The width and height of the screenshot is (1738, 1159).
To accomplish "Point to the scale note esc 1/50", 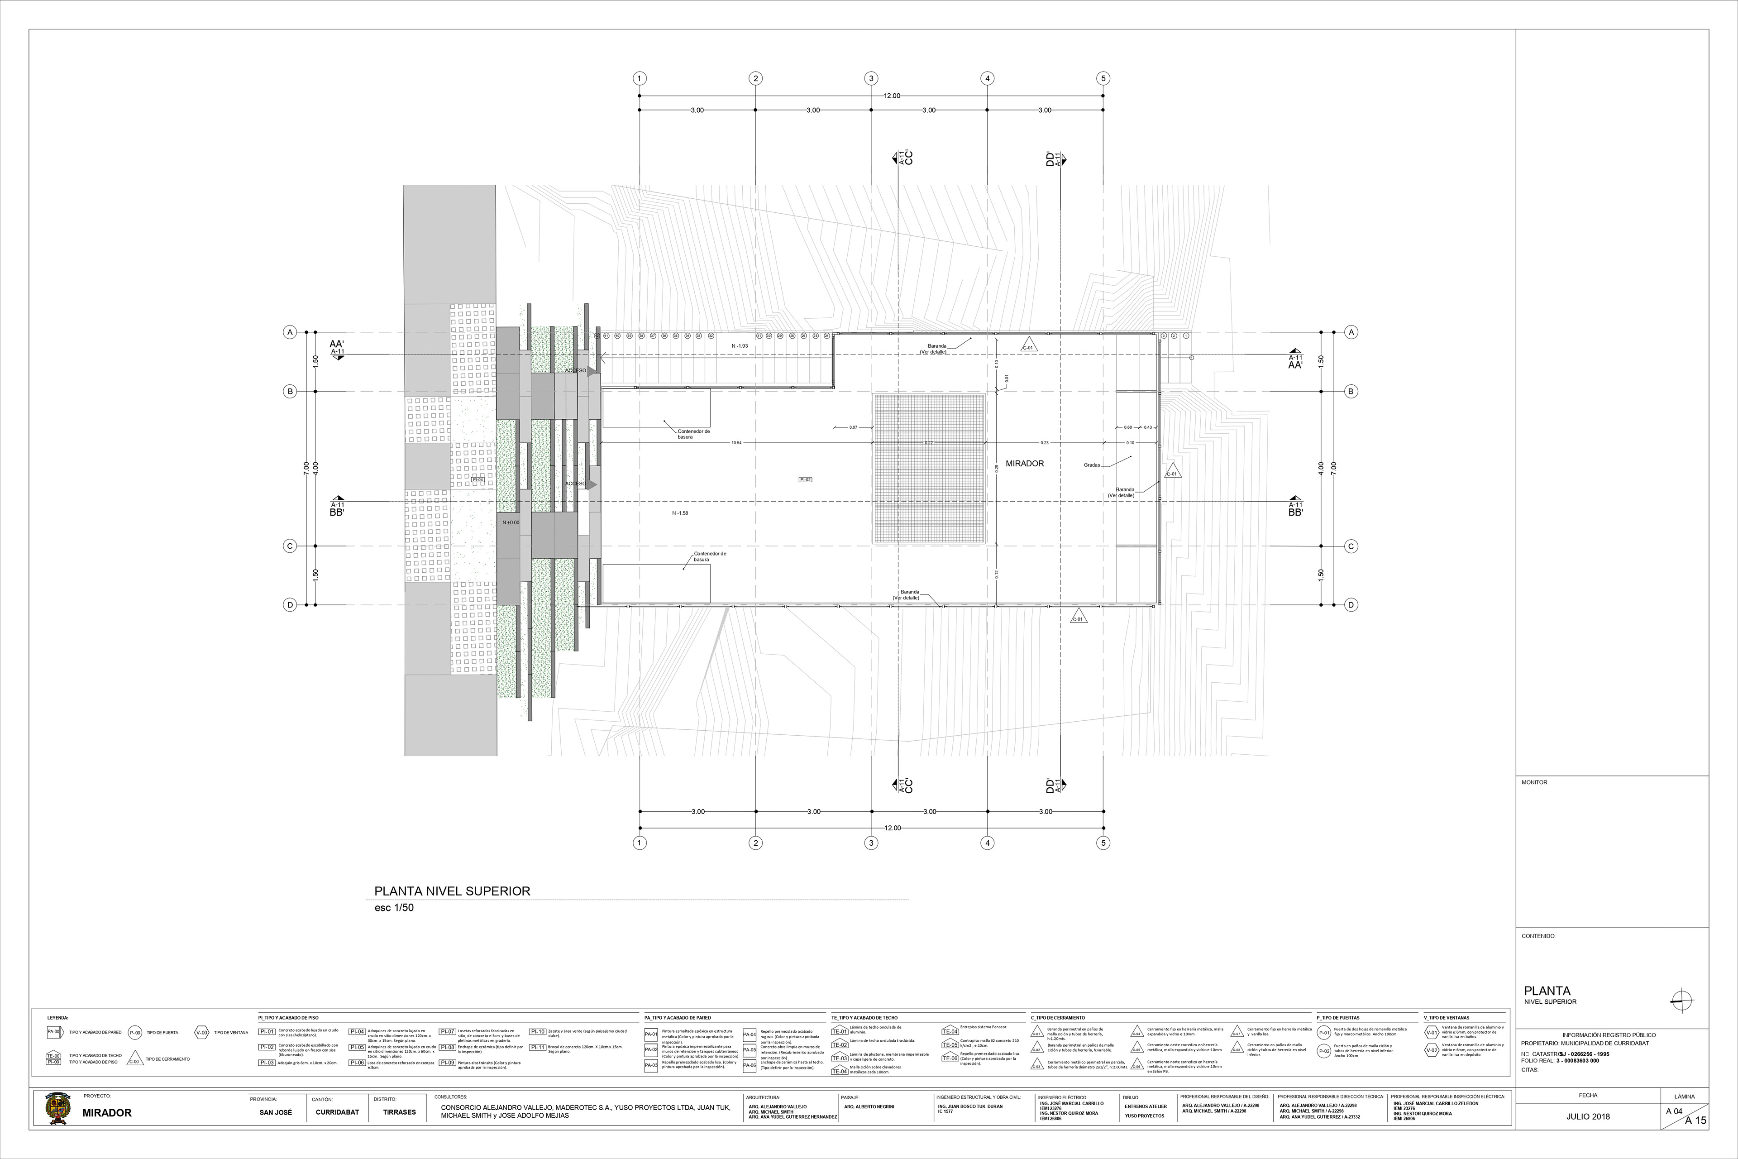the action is pos(394,908).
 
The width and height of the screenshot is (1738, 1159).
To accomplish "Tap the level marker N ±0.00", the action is pos(511,522).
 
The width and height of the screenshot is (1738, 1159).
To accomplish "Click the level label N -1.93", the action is pos(740,346).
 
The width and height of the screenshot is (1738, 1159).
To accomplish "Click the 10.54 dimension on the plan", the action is pos(736,443).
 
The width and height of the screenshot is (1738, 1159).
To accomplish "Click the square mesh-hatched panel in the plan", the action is pos(930,469).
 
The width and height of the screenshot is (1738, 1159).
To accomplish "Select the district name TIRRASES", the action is pos(399,1112).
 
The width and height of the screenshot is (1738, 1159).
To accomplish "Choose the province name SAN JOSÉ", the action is pos(276,1112).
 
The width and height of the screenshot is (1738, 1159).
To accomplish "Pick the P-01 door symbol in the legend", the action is pos(1324,1033).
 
